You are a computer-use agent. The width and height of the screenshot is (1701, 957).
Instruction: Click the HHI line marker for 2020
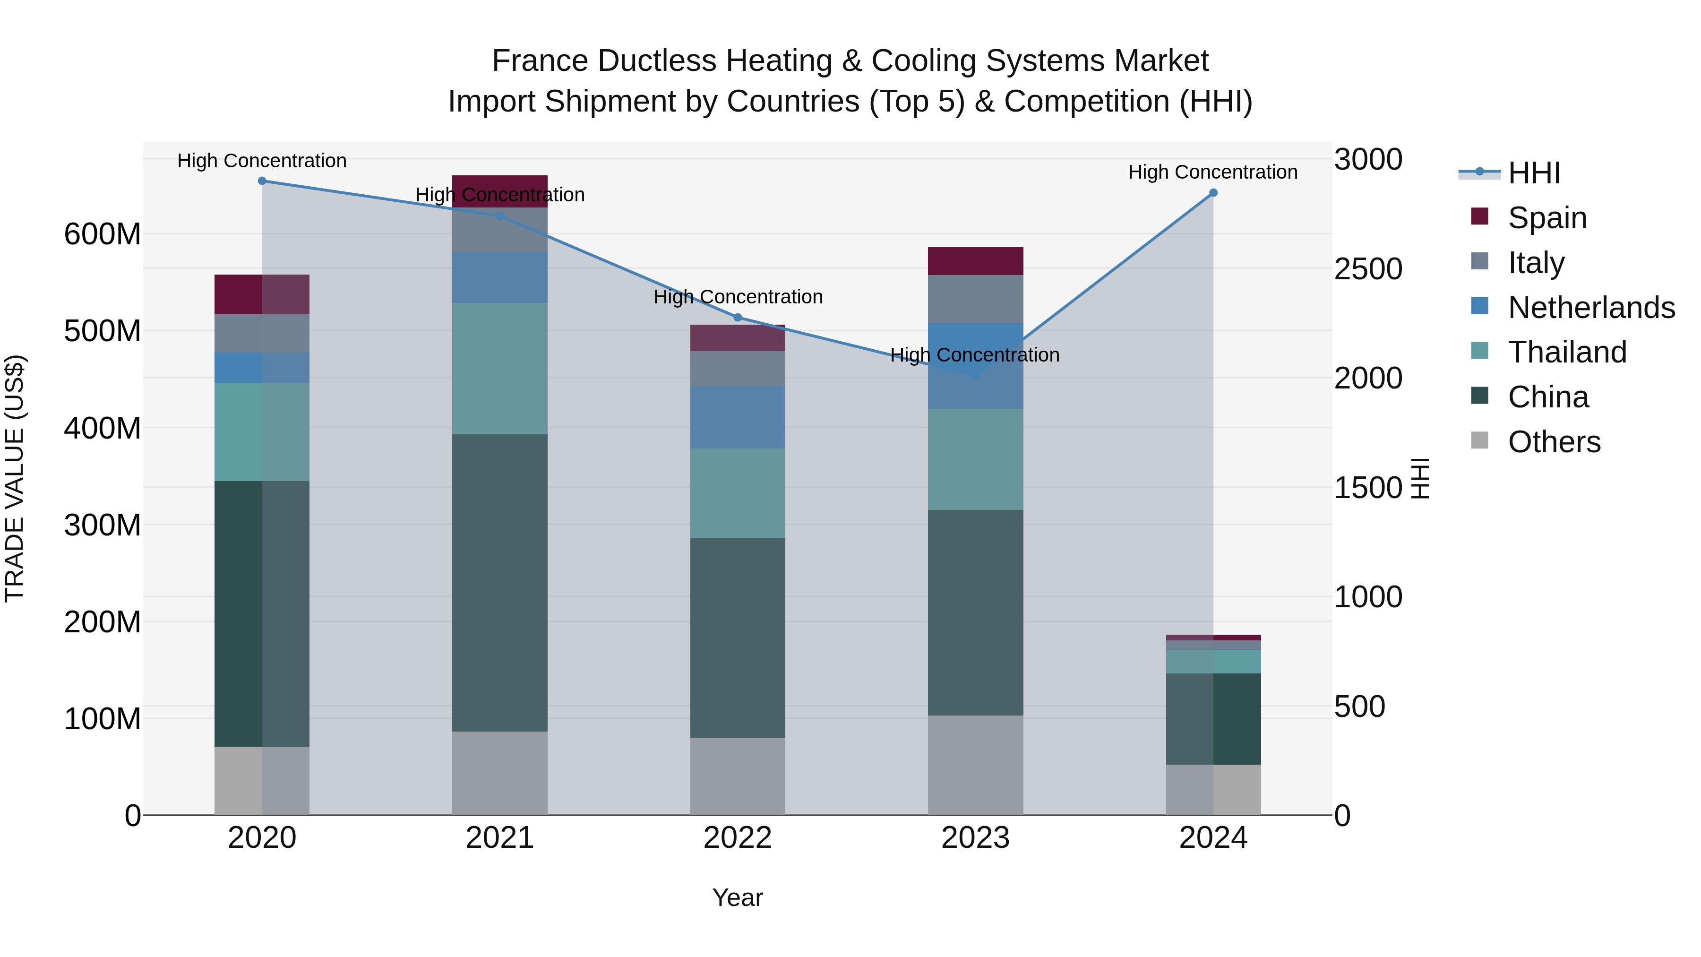coord(262,181)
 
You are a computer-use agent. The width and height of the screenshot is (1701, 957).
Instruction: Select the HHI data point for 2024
coord(1213,193)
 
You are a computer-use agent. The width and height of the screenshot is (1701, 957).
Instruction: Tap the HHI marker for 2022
coord(738,318)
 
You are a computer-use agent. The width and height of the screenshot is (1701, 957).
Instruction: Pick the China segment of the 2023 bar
coord(975,612)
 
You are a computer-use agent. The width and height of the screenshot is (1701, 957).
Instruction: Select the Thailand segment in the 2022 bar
coord(738,493)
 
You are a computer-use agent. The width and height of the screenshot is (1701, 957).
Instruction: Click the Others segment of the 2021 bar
coord(500,773)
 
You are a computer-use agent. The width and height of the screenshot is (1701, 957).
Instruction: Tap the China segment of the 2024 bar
coord(1213,718)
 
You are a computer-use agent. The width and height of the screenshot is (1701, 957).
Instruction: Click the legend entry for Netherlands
coord(1591,308)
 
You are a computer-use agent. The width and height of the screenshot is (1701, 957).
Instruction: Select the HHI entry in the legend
coord(1533,173)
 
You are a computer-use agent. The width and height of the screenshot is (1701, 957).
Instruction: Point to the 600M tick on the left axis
coord(103,234)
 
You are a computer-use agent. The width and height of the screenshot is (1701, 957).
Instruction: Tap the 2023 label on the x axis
coord(975,838)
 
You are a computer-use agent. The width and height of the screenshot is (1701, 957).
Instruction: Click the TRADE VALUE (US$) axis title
coord(15,478)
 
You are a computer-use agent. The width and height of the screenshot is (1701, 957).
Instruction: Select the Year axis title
coord(738,897)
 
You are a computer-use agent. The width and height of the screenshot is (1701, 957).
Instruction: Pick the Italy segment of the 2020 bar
coord(262,334)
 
